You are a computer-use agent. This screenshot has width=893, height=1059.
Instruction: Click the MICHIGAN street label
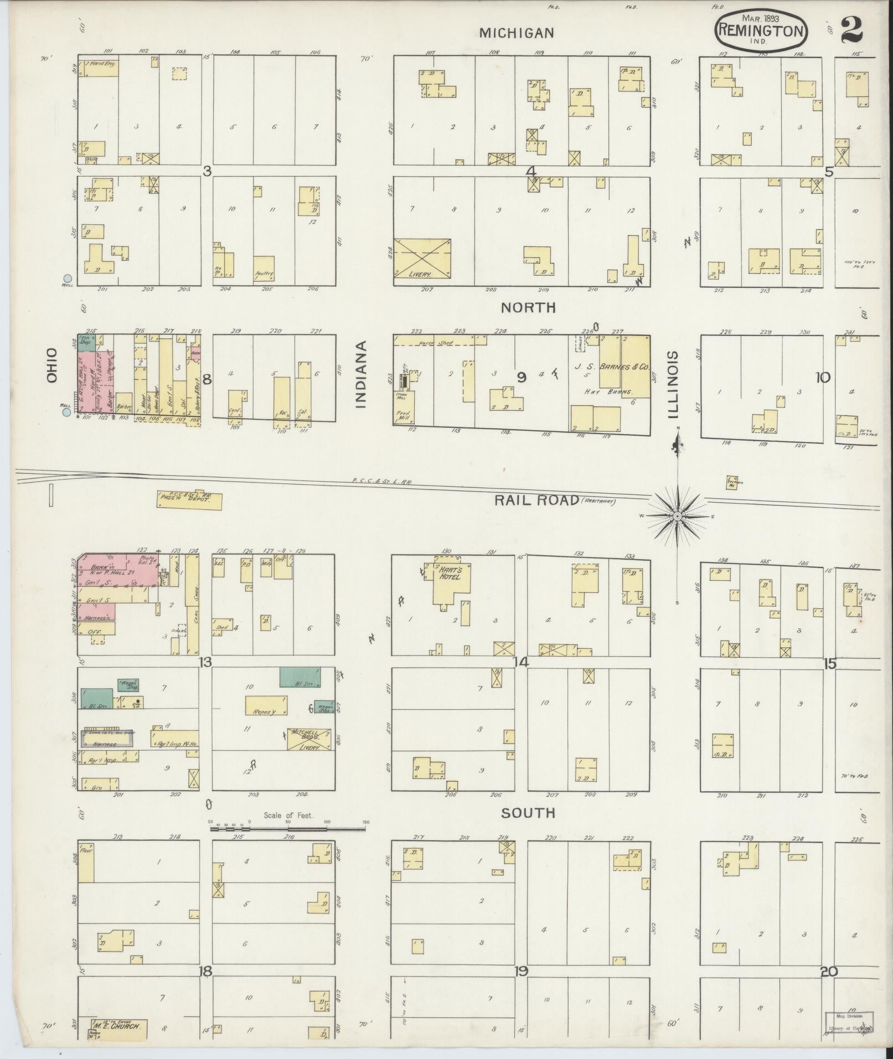point(516,33)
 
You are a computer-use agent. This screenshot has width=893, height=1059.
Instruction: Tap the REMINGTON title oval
point(760,32)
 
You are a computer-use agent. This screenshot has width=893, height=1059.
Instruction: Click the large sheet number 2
point(851,29)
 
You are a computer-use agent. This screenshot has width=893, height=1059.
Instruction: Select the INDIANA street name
point(362,374)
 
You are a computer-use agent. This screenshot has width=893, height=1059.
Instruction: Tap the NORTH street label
point(529,307)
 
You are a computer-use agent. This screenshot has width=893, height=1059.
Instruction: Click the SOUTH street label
point(528,813)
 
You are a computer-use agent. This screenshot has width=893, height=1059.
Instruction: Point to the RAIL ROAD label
point(536,500)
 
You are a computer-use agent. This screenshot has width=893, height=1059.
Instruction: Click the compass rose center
point(677,516)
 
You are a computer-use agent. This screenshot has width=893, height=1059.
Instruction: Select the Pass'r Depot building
point(189,500)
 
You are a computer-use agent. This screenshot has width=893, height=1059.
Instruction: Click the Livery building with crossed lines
point(422,259)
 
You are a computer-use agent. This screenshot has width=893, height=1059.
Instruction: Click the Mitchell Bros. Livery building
point(308,740)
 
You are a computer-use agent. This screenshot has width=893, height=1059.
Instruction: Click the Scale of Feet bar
point(288,829)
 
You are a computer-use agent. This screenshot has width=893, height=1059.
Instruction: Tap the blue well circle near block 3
point(68,278)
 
